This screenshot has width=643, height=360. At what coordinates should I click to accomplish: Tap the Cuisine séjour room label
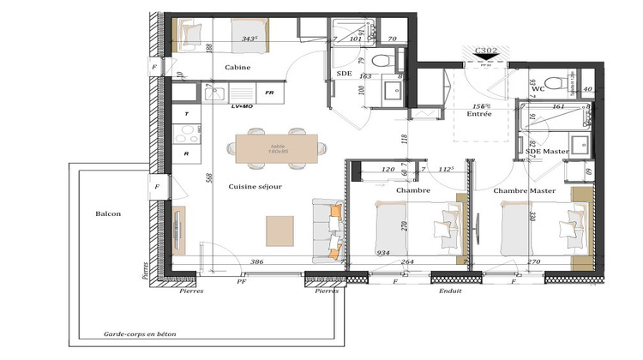point(255,186)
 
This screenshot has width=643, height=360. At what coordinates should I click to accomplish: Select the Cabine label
point(237,67)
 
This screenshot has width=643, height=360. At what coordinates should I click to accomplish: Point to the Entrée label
point(479,114)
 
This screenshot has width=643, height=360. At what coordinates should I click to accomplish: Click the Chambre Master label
point(525,190)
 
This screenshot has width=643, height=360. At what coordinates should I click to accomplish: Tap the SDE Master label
point(546,152)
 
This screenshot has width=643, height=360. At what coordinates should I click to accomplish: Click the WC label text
point(538,88)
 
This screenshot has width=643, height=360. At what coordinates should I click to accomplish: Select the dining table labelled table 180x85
point(278,148)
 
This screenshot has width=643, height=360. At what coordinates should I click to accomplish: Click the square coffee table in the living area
point(280,231)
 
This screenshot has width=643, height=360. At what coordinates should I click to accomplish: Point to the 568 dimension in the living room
point(208,177)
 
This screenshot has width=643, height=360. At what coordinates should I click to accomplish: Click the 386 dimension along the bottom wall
point(256,261)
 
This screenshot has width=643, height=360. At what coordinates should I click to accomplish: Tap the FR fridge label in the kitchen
point(268,93)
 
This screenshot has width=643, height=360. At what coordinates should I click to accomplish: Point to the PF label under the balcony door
point(242,280)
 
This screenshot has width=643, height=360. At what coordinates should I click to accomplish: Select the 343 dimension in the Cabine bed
point(250,38)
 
